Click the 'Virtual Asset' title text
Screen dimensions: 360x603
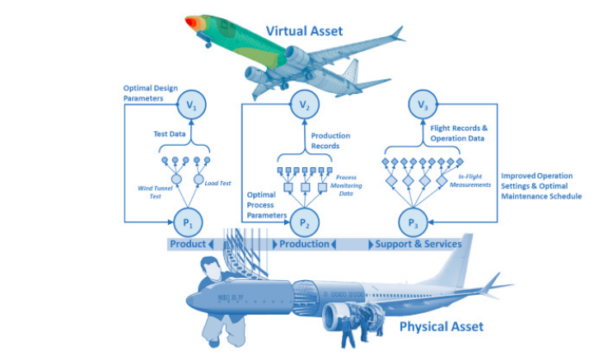(304, 31)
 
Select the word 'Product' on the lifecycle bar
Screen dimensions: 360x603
(187, 244)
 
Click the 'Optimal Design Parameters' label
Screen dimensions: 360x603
(149, 92)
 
